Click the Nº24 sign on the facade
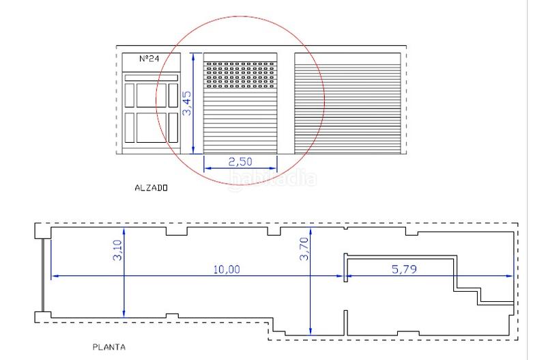pos(149,59)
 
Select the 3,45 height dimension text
pos(187,103)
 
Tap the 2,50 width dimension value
pos(240,162)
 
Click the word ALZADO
pos(151,188)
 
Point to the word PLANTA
pos(109,347)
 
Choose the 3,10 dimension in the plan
pos(117,250)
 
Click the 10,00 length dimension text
pos(227,269)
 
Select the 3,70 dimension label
pos(304,249)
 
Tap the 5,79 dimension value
pos(404,269)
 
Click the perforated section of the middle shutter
pos(240,75)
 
